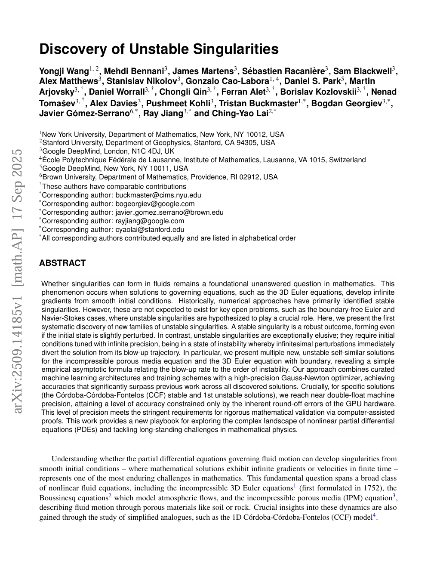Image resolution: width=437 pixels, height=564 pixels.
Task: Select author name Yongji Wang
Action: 64,71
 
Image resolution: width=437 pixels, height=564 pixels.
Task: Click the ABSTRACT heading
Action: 62,263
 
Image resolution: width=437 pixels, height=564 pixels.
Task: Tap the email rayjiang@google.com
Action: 150,221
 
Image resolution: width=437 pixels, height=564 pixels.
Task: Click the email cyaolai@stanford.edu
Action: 150,229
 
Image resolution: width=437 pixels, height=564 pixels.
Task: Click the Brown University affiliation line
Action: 159,177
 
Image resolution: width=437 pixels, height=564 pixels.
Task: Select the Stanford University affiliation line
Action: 158,142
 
